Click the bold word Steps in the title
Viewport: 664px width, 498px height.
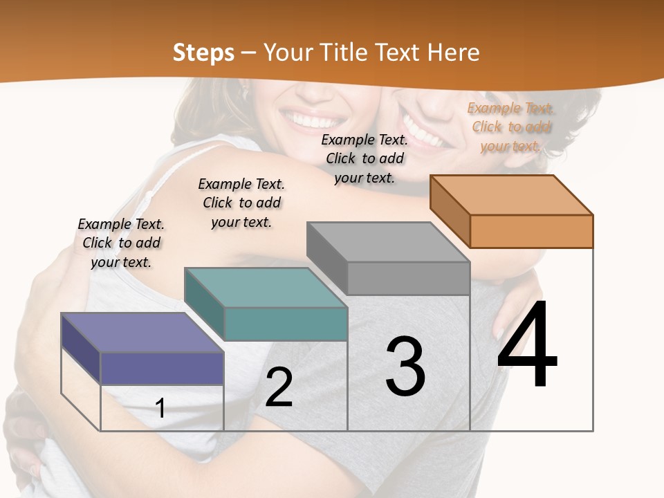[x=203, y=53]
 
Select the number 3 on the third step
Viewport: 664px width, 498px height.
[x=405, y=367]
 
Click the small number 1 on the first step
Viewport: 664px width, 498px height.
[x=160, y=408]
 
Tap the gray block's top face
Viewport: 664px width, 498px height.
[x=388, y=242]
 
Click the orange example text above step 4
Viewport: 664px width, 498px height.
[x=511, y=127]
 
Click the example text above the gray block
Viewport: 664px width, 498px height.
[x=365, y=158]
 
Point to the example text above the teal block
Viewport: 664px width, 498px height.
[x=241, y=203]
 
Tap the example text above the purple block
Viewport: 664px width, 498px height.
[x=121, y=243]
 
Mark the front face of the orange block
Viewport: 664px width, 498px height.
[x=531, y=231]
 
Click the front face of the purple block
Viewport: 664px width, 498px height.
[x=162, y=368]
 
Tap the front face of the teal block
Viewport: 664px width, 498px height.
[x=286, y=324]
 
